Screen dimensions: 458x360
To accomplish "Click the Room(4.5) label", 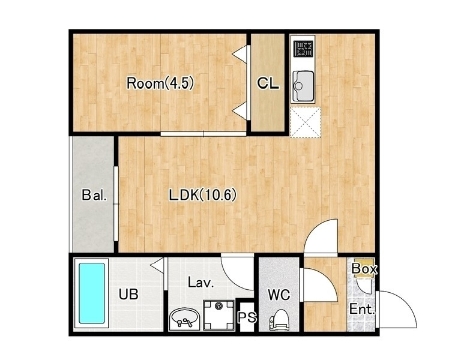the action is pyautogui.click(x=160, y=83).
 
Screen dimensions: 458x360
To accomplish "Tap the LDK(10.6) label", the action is pyautogui.click(x=203, y=195).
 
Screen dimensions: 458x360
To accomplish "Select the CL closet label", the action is pyautogui.click(x=268, y=84).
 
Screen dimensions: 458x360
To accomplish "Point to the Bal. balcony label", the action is pyautogui.click(x=94, y=195).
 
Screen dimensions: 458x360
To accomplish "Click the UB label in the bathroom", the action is pyautogui.click(x=128, y=295).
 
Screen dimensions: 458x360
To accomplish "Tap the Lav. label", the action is pyautogui.click(x=200, y=283).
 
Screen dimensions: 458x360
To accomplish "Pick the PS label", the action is pyautogui.click(x=247, y=317).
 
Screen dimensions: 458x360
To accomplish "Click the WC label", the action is pyautogui.click(x=279, y=295).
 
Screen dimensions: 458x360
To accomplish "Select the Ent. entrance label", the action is pyautogui.click(x=362, y=309).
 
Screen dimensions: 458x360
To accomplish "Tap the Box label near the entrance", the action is pyautogui.click(x=364, y=269).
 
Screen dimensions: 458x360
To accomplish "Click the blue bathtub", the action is pyautogui.click(x=92, y=293).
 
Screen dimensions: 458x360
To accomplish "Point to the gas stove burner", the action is pyautogui.click(x=304, y=48).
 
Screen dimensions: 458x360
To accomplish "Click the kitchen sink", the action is pyautogui.click(x=303, y=86).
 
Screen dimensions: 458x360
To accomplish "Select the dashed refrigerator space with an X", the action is pyautogui.click(x=306, y=122).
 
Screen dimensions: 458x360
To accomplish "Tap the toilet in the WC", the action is pyautogui.click(x=279, y=320).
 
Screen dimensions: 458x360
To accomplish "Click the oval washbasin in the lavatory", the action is pyautogui.click(x=184, y=319).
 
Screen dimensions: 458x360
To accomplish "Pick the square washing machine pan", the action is pyautogui.click(x=218, y=315).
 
